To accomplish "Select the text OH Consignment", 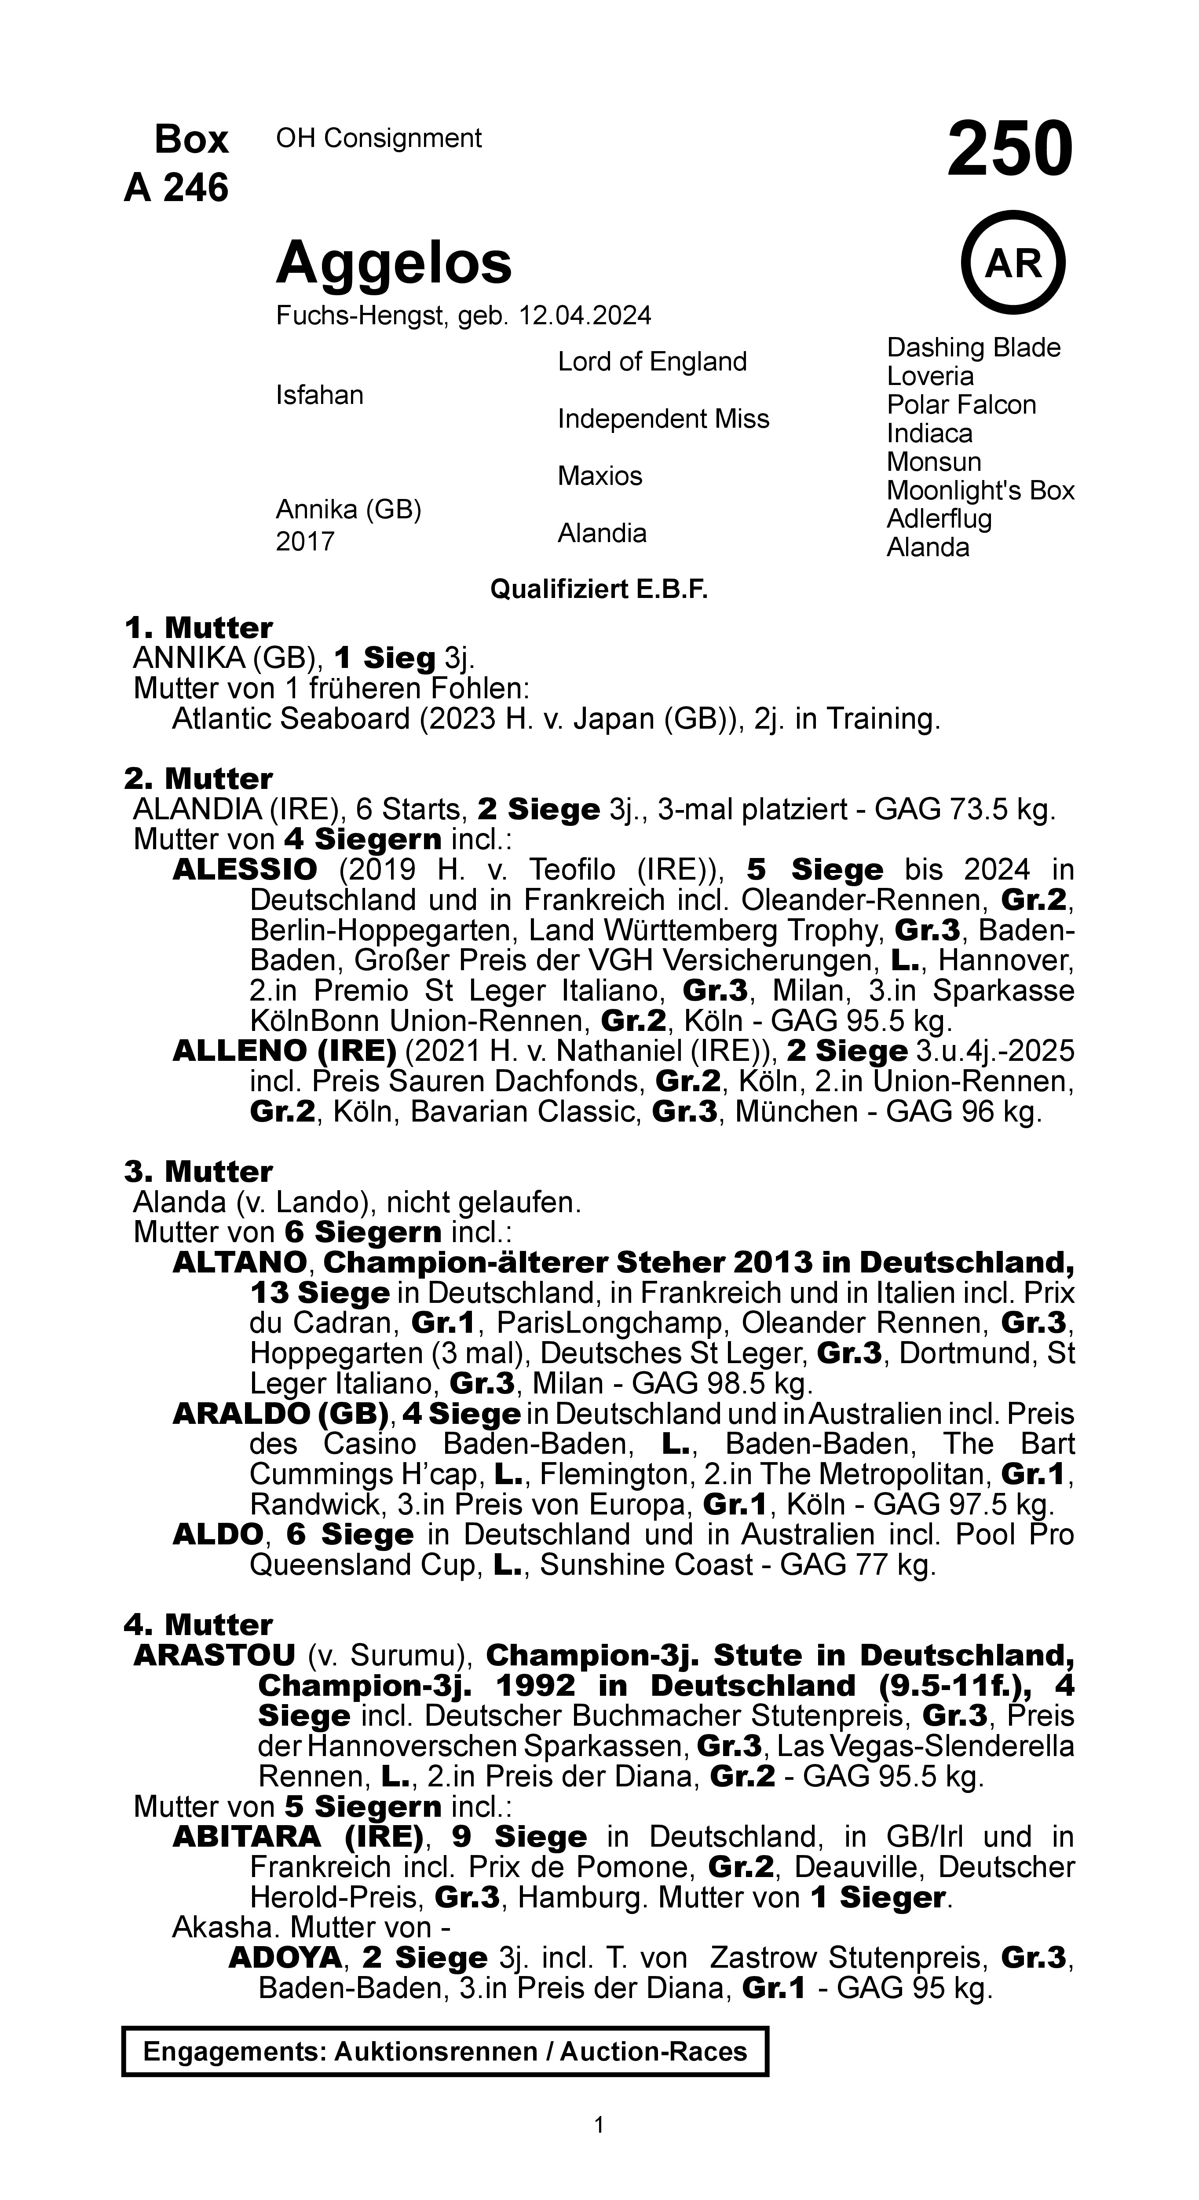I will (378, 138).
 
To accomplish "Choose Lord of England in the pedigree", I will (651, 362).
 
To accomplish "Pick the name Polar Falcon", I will (961, 405).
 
